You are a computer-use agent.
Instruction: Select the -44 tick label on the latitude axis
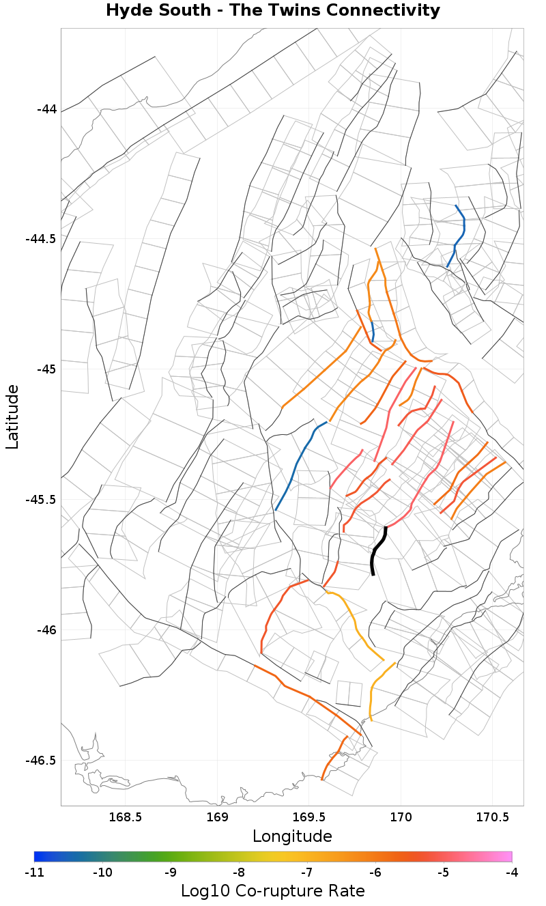pyautogui.click(x=46, y=109)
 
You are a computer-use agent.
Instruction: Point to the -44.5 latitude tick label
pyautogui.click(x=41, y=239)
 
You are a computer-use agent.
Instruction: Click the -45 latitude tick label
pyautogui.click(x=46, y=369)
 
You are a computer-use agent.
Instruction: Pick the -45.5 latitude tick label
pyautogui.click(x=41, y=500)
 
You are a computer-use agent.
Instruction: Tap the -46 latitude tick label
pyautogui.click(x=46, y=630)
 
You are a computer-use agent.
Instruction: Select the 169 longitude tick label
pyautogui.click(x=217, y=817)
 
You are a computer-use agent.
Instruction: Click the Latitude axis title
pyautogui.click(x=13, y=416)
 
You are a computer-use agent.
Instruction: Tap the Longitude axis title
pyautogui.click(x=292, y=836)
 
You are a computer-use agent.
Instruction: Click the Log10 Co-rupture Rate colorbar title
pyautogui.click(x=273, y=891)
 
